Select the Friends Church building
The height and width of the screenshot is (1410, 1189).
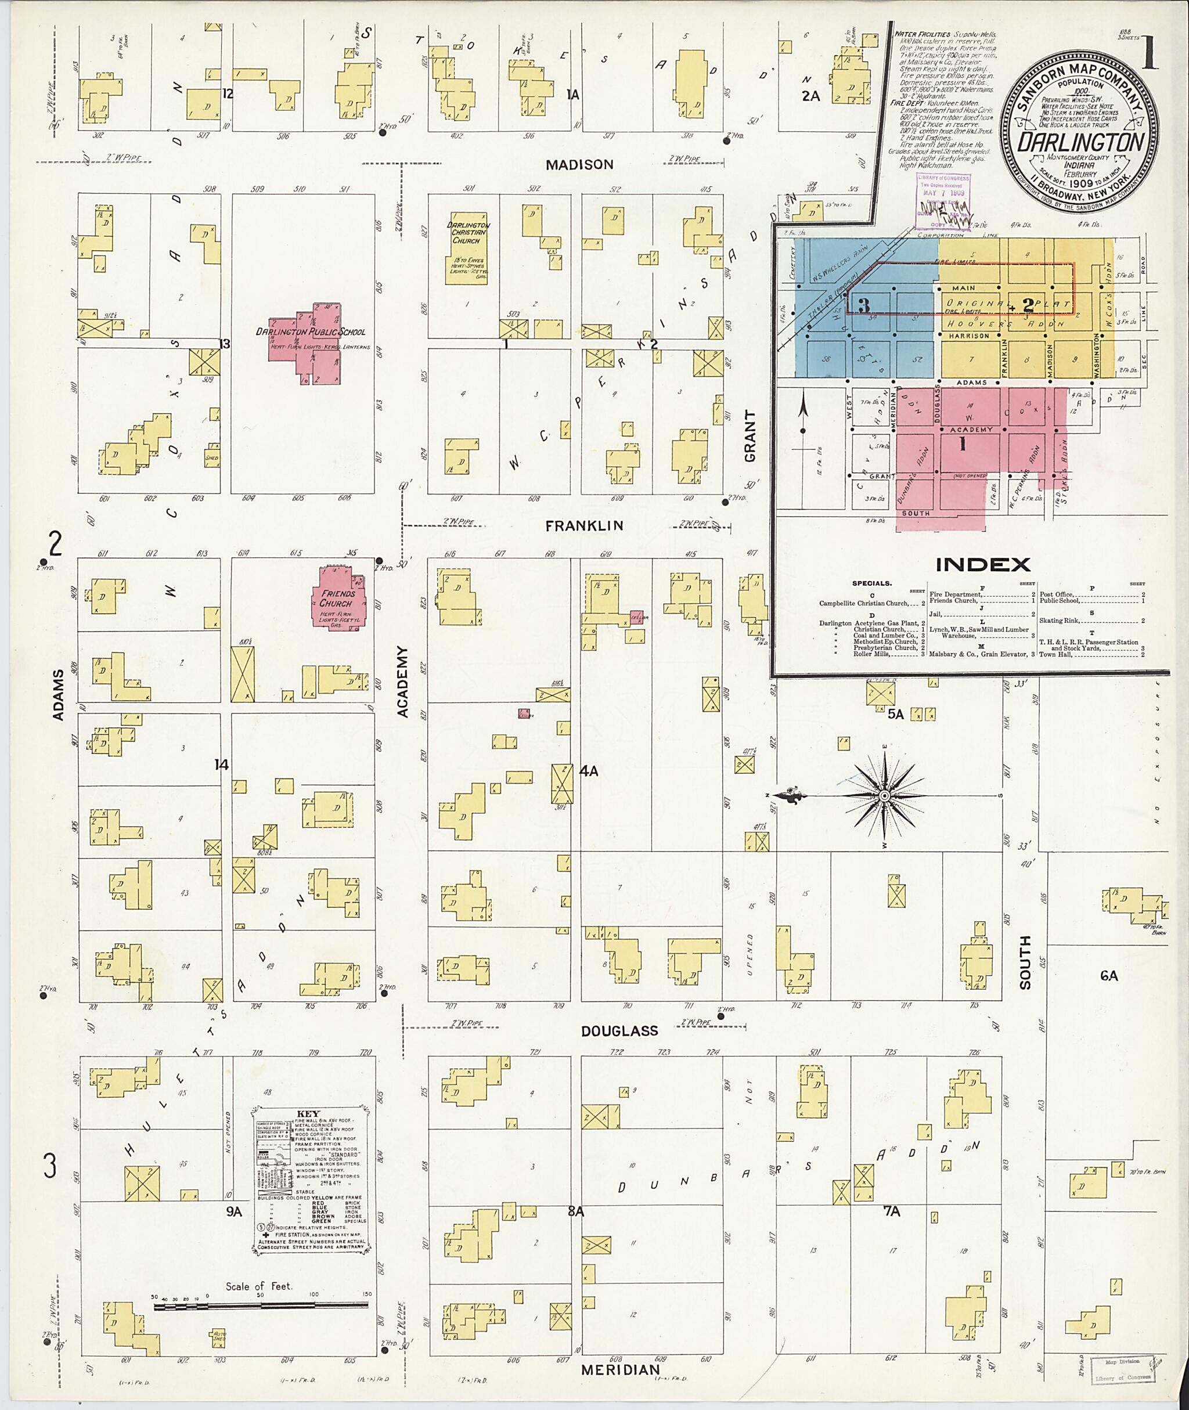tap(337, 598)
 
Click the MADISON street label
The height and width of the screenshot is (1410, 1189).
tap(579, 164)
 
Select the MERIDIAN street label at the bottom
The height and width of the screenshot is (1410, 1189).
tap(620, 1369)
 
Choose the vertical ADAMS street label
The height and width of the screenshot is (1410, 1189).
tap(58, 695)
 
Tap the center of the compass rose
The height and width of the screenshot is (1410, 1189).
tap(884, 796)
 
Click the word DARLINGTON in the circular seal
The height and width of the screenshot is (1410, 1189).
tap(1080, 142)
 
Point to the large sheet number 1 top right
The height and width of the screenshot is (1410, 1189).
tap(1150, 55)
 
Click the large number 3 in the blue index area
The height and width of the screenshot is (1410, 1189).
tap(863, 305)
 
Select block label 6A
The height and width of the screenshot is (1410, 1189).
tap(1109, 975)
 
